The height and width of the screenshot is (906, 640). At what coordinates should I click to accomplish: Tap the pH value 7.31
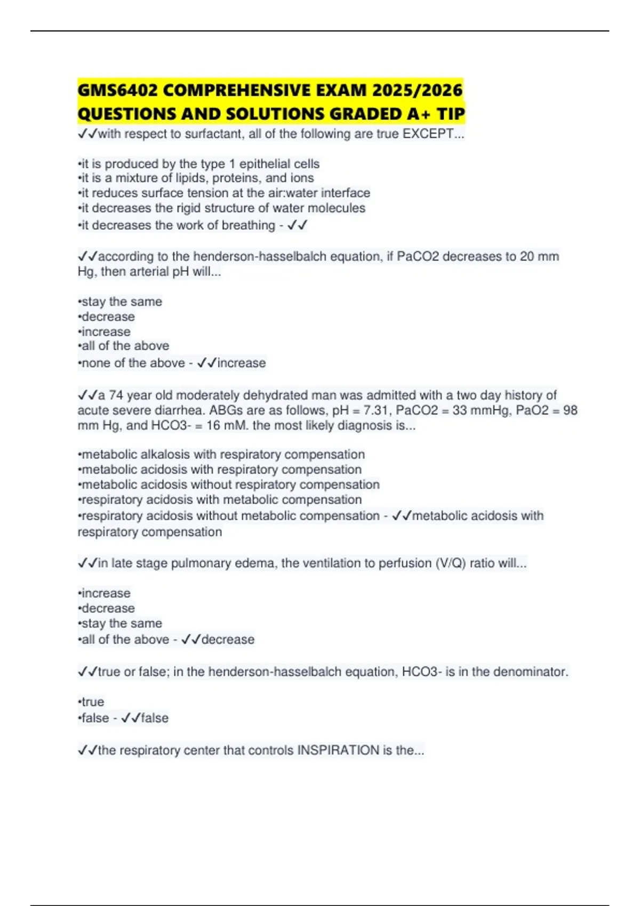(x=376, y=410)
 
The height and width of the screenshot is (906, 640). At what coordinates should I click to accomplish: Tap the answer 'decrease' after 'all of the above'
(x=228, y=640)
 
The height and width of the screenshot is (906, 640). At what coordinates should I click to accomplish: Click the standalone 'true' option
(x=93, y=702)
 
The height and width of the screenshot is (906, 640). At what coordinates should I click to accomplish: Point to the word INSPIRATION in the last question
(x=338, y=750)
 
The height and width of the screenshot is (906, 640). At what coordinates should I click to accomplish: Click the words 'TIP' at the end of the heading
(x=451, y=114)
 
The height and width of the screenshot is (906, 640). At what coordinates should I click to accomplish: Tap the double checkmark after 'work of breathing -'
(x=298, y=225)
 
